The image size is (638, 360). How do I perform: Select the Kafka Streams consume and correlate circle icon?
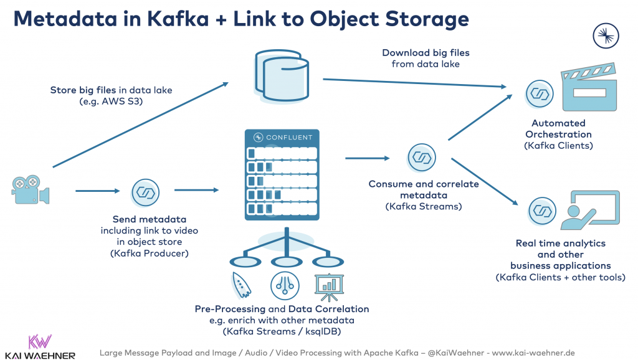pyautogui.click(x=422, y=158)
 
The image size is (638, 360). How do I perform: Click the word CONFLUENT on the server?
pyautogui.click(x=288, y=137)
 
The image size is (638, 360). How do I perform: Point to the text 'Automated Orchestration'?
pyautogui.click(x=558, y=129)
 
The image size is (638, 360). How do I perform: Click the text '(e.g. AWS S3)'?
pyautogui.click(x=111, y=102)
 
